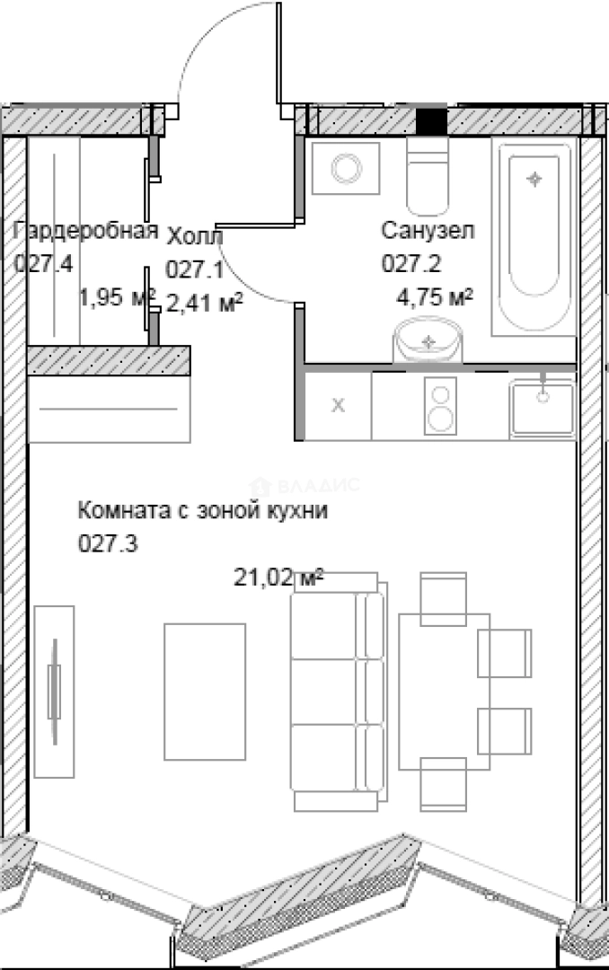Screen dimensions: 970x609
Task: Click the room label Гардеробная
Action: [87, 232]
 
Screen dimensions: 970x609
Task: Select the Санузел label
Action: [428, 231]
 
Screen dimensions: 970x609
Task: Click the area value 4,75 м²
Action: [435, 297]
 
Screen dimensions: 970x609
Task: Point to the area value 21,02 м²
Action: [278, 578]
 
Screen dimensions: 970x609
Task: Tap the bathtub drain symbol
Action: [535, 179]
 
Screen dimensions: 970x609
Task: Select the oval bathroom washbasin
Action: [429, 342]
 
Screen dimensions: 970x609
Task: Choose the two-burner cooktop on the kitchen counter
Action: [440, 406]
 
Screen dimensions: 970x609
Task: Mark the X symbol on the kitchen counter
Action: [339, 406]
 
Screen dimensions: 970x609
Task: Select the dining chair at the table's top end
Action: [444, 597]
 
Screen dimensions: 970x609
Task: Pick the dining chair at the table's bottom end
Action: [444, 783]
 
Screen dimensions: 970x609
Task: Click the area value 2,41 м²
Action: [205, 304]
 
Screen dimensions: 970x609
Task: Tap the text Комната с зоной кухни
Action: [204, 512]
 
